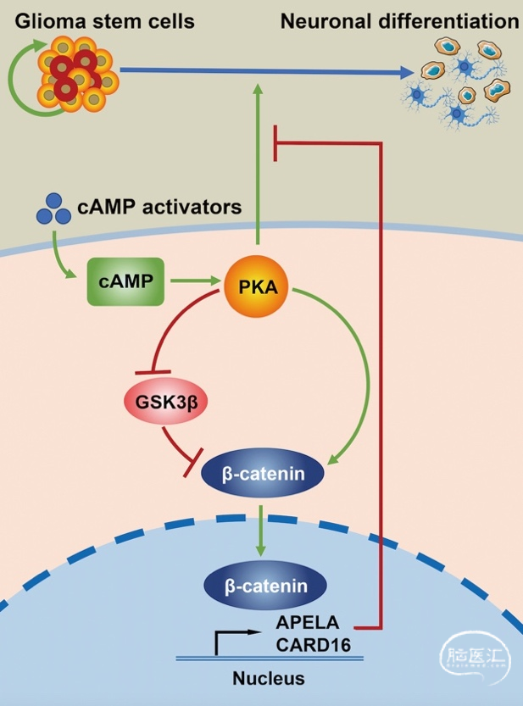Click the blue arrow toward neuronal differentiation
tap(254, 74)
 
